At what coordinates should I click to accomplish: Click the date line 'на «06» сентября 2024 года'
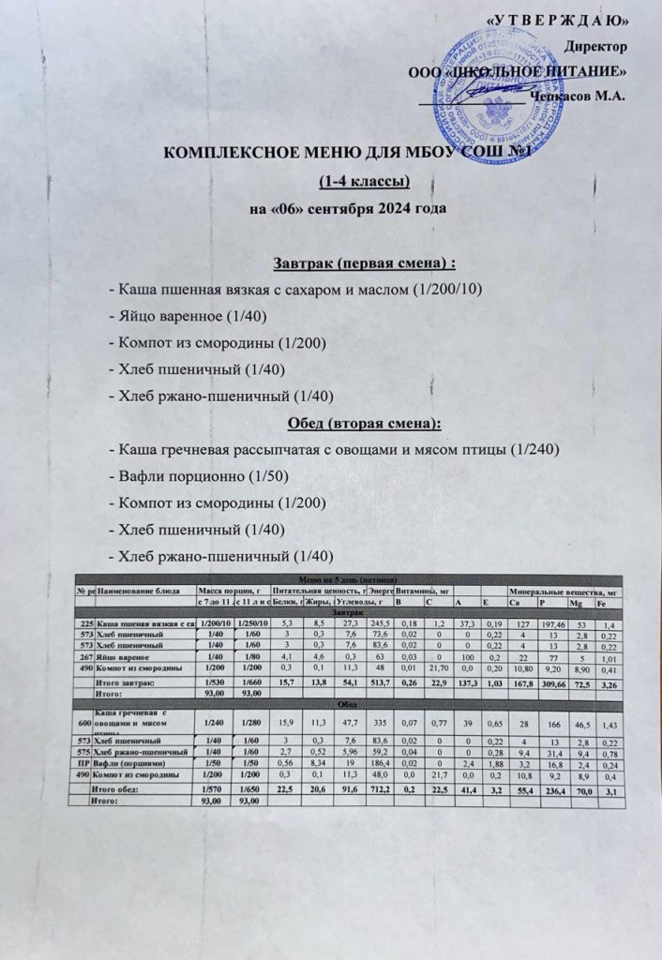pyautogui.click(x=340, y=207)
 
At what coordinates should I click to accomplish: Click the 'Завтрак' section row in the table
pyautogui.click(x=353, y=610)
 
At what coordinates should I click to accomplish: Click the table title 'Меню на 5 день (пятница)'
pyautogui.click(x=353, y=580)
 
